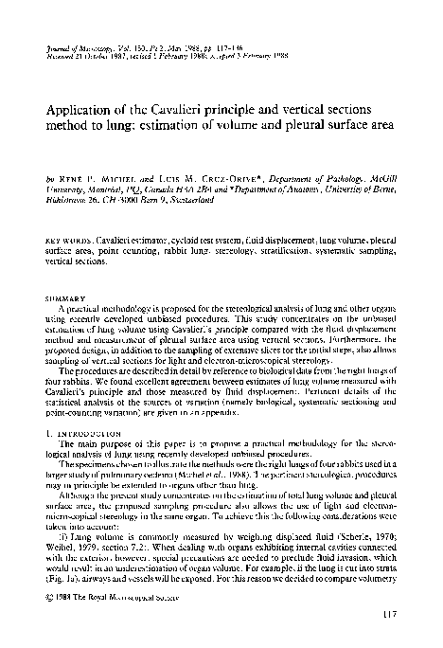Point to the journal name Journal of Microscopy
pyautogui.click(x=77, y=45)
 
